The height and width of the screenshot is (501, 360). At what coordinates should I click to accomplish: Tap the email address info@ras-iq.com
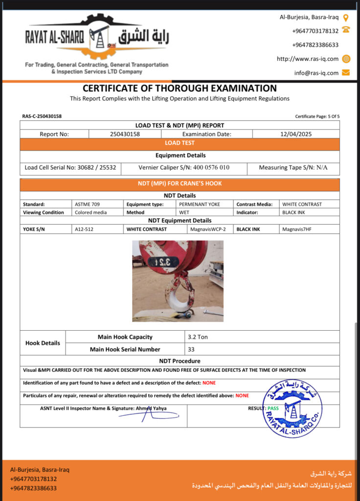point(316,73)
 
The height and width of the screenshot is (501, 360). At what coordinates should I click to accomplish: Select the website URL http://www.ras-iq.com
point(308,59)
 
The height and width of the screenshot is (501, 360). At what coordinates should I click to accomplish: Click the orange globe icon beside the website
point(346,59)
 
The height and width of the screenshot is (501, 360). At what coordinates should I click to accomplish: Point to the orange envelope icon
point(346,73)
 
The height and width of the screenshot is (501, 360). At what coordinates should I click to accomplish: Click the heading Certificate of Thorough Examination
point(180,89)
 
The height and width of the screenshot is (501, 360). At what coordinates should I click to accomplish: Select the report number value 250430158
point(125,134)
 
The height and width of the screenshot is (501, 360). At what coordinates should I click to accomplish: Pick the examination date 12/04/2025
point(296,134)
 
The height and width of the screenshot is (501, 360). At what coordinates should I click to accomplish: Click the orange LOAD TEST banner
point(180,143)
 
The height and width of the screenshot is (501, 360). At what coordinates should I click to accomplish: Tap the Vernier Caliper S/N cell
point(184,167)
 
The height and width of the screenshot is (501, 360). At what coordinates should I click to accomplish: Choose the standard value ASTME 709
point(86,204)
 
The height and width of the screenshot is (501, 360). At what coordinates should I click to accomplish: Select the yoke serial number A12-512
point(84,229)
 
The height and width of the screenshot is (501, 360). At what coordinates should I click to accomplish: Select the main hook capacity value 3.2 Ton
point(198,337)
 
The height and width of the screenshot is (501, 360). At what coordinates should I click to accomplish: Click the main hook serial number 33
point(191,349)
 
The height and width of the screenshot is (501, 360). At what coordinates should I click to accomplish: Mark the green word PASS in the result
point(273,408)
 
